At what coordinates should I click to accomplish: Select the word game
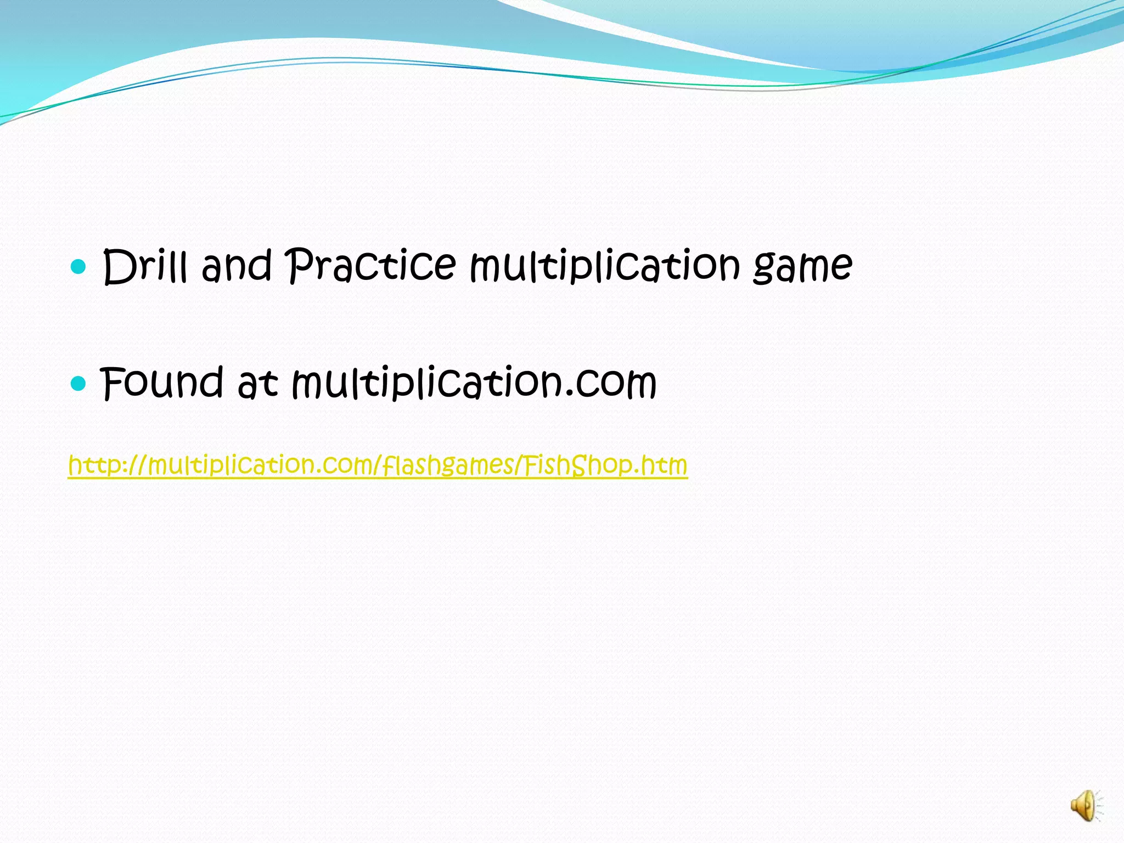click(802, 267)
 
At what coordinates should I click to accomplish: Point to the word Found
click(162, 383)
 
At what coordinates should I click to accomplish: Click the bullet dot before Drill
click(79, 267)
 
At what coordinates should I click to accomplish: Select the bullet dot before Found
click(79, 384)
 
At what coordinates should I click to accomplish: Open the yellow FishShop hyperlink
click(378, 465)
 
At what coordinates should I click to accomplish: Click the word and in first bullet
click(237, 266)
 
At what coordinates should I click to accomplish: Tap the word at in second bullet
click(257, 384)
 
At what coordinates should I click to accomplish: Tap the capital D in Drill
click(119, 267)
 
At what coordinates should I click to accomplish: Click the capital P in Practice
click(301, 265)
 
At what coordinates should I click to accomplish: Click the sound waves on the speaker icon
click(1099, 805)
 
